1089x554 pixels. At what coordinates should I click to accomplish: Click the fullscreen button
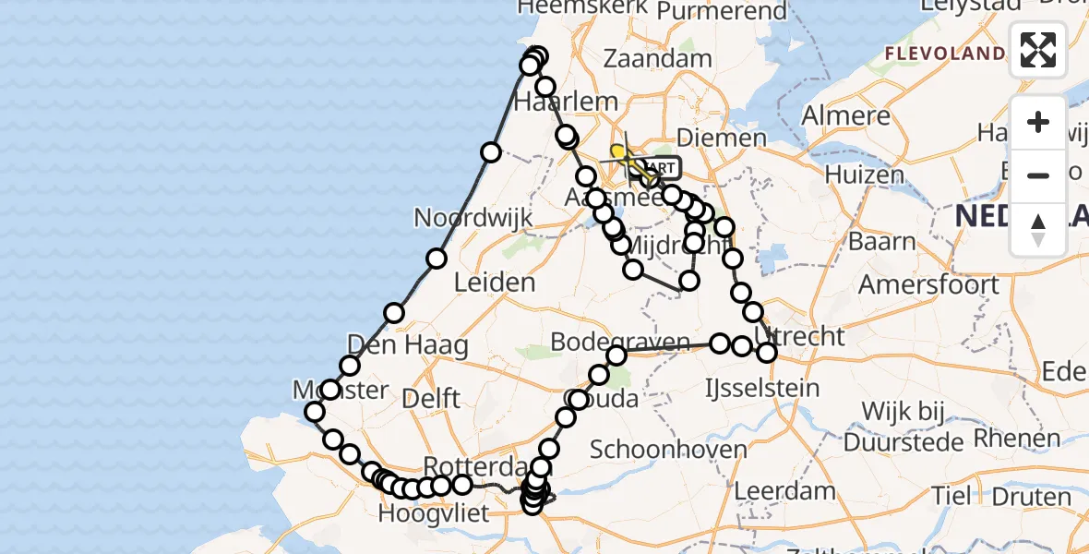1038,50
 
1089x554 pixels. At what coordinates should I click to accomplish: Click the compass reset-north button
1038,230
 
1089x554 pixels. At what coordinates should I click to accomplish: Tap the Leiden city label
496,283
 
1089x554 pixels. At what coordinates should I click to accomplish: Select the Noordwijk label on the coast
473,219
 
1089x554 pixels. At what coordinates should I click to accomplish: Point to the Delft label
431,399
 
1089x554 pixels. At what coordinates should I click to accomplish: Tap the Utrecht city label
799,335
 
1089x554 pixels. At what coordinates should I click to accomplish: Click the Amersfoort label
928,283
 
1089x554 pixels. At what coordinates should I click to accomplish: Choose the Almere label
846,116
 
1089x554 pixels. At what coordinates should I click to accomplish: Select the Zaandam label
658,58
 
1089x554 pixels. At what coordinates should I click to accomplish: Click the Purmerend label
723,12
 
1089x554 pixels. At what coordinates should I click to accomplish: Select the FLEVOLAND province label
944,54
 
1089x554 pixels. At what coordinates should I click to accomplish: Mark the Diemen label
722,138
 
